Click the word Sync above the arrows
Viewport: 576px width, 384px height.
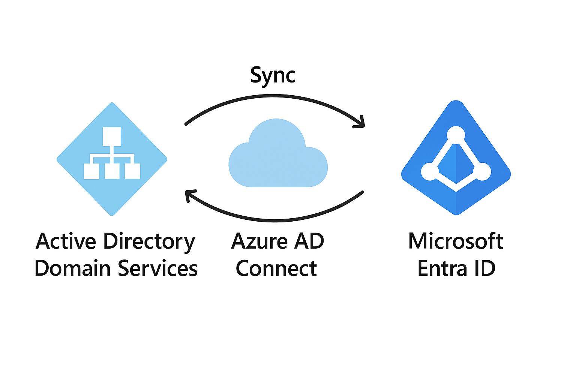273,75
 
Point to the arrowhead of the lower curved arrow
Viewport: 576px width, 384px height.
190,196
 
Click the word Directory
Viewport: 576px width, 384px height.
149,242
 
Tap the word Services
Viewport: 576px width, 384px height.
158,268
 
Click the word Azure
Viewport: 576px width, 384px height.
259,241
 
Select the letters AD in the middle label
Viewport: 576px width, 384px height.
309,241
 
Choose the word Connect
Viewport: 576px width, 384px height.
276,268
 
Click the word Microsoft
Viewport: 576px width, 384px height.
455,241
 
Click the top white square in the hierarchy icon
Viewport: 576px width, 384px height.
112,136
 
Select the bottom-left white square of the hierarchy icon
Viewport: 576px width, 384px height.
91,171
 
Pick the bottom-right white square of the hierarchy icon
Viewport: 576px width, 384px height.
132,171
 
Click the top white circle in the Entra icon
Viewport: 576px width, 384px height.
456,135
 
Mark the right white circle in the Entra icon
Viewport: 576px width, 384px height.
482,172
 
